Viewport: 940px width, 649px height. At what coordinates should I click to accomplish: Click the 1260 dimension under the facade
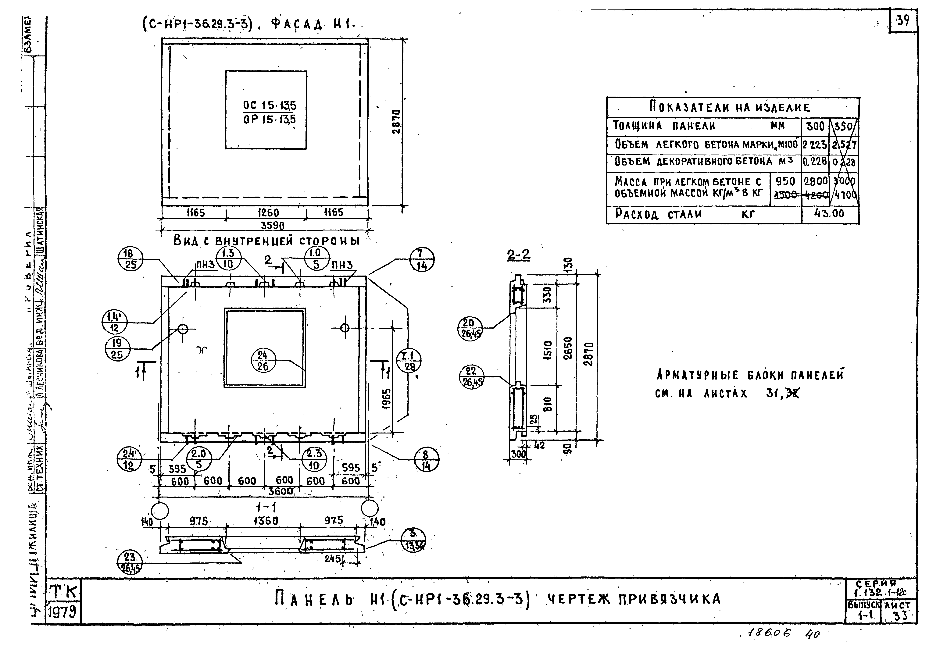[x=268, y=213]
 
